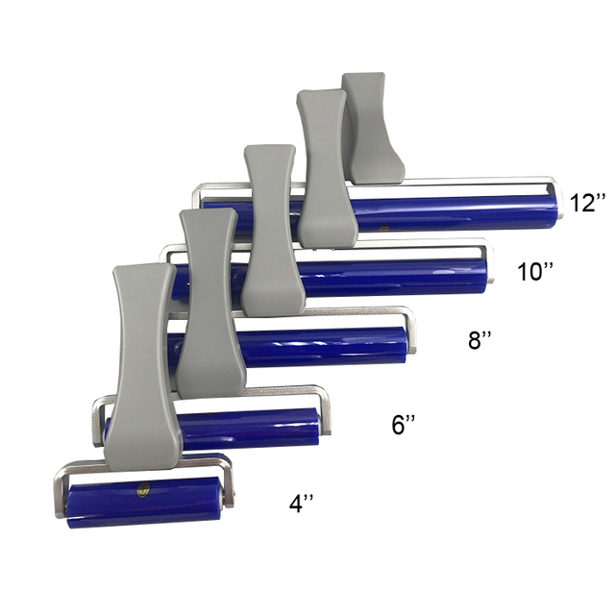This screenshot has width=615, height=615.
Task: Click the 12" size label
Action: point(587,203)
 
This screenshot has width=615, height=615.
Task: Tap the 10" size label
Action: point(535,271)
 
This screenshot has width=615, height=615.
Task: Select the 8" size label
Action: point(480,339)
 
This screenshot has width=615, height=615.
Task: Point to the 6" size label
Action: point(404,425)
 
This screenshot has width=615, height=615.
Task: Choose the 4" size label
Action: point(301,504)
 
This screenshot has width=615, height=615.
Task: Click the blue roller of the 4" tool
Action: point(144,503)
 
